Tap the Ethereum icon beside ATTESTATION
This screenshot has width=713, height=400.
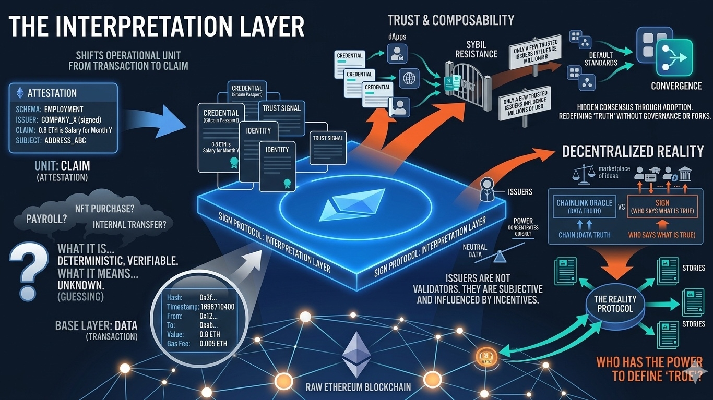click(x=20, y=93)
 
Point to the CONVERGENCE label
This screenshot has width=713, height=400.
click(x=676, y=86)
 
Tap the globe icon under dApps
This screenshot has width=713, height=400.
click(x=409, y=79)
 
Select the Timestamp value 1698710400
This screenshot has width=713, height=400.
click(x=217, y=307)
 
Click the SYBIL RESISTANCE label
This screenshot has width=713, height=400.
click(x=476, y=50)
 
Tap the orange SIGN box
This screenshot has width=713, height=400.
click(x=661, y=206)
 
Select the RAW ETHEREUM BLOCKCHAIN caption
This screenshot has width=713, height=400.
click(x=358, y=387)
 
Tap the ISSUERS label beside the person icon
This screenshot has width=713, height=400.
click(x=520, y=192)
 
